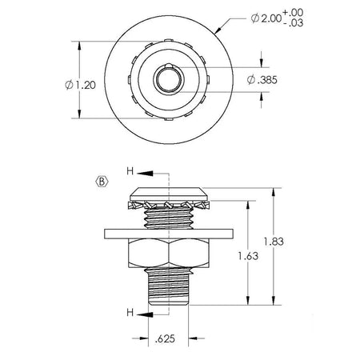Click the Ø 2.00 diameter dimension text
(x=266, y=18)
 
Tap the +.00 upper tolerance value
(x=293, y=13)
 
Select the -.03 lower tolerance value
(x=294, y=23)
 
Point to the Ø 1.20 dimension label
(x=80, y=85)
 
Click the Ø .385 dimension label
(x=262, y=80)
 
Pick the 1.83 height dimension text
(x=274, y=242)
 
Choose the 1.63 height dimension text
(x=248, y=256)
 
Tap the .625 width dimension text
(x=165, y=338)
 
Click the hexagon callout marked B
(x=102, y=182)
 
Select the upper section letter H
(x=130, y=171)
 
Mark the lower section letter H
(x=130, y=312)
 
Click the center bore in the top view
(x=169, y=79)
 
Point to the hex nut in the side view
(x=169, y=253)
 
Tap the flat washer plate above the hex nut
(x=169, y=234)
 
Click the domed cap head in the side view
(x=169, y=194)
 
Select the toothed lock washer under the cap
(x=169, y=205)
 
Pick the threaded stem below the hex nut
(x=169, y=286)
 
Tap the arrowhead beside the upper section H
(x=146, y=174)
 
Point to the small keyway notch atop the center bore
(x=169, y=66)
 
